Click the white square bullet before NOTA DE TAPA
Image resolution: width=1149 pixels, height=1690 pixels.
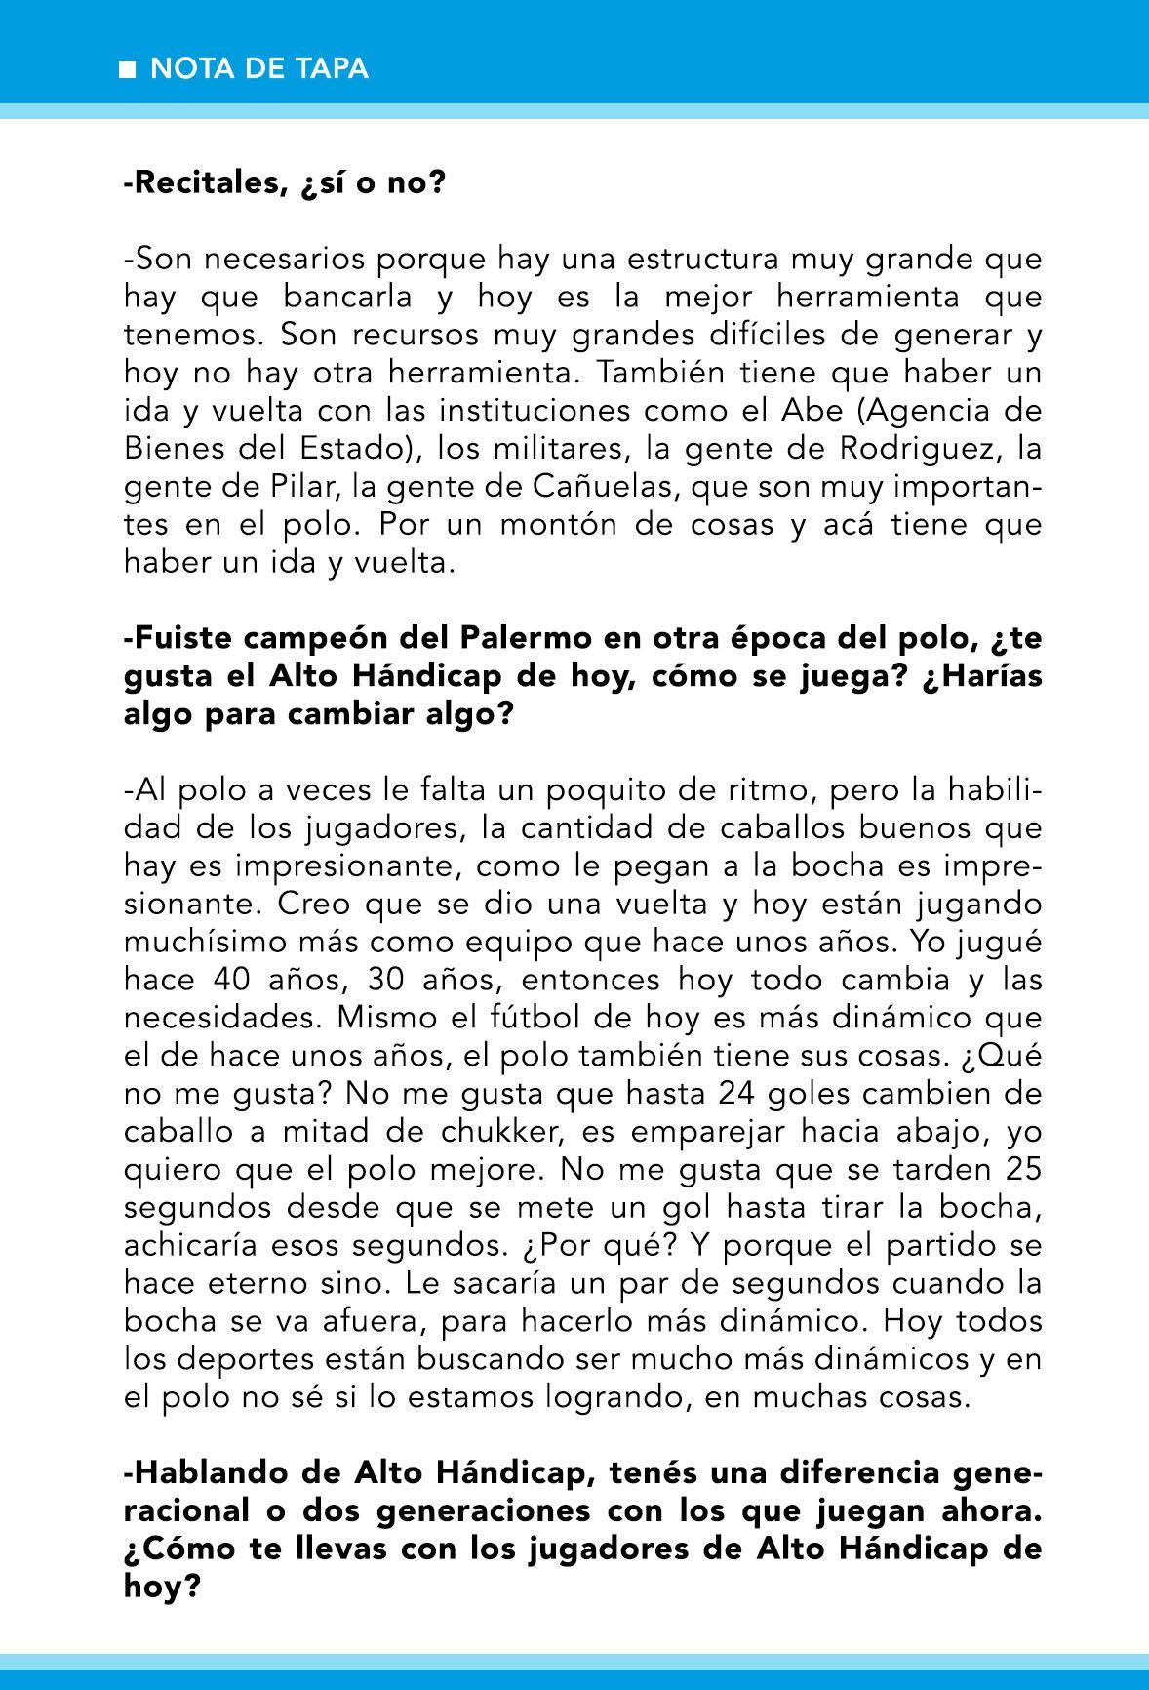click(127, 69)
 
